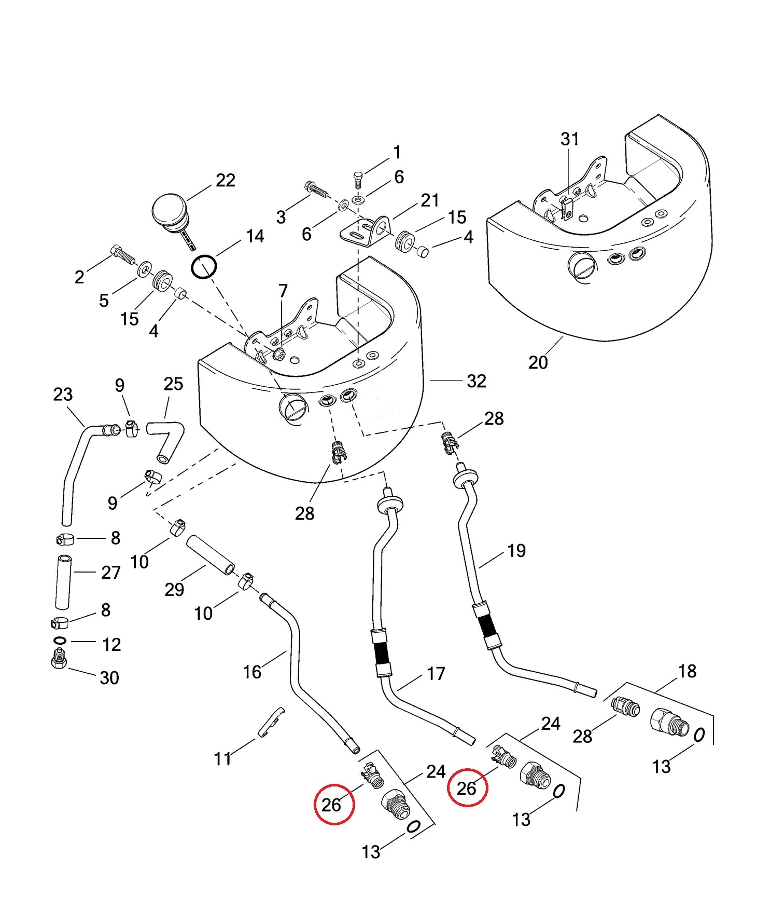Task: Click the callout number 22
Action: click(x=226, y=180)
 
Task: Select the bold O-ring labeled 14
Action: click(x=204, y=267)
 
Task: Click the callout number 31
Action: click(x=570, y=139)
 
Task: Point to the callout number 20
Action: click(x=538, y=362)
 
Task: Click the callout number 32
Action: click(x=477, y=381)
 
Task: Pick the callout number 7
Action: click(x=283, y=291)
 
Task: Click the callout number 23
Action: click(x=63, y=395)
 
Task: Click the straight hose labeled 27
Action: click(x=63, y=582)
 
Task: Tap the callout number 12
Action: click(x=111, y=644)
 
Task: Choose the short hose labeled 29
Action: click(x=211, y=555)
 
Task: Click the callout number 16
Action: click(x=252, y=672)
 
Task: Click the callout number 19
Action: click(x=516, y=550)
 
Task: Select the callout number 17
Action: click(x=436, y=673)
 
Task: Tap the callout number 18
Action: click(x=687, y=671)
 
